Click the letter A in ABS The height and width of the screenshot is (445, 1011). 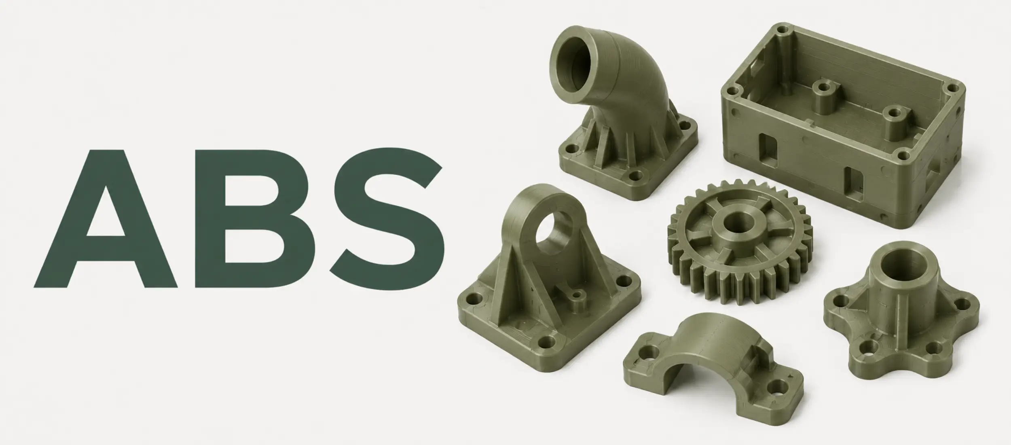(106, 219)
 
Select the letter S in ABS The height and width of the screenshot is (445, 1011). (387, 219)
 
